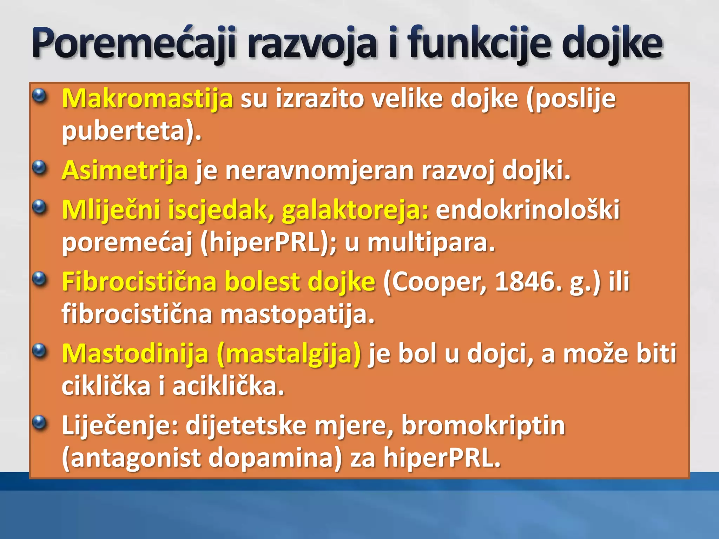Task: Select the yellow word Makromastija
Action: coord(147,99)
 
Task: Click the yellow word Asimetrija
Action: coord(125,170)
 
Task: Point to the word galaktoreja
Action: coord(355,210)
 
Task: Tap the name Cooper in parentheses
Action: coord(435,282)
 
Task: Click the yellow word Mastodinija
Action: coord(135,353)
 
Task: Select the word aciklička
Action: coord(228,386)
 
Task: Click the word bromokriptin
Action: coord(483,425)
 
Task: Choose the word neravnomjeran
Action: coord(319,170)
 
